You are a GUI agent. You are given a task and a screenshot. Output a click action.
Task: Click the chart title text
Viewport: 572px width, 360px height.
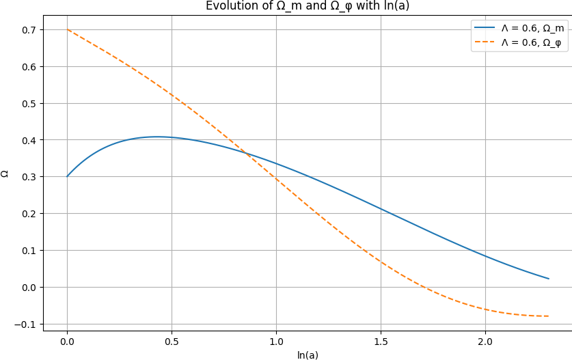click(308, 6)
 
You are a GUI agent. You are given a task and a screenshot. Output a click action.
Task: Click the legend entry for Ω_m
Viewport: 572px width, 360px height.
click(519, 28)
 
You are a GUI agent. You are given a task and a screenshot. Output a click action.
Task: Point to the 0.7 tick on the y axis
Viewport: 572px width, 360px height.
click(29, 30)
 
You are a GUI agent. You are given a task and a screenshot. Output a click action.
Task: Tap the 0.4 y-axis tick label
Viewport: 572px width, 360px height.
click(29, 140)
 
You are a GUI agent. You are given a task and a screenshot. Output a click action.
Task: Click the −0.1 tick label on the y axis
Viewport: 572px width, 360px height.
click(26, 324)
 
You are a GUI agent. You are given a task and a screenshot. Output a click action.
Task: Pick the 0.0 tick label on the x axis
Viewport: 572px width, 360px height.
click(67, 342)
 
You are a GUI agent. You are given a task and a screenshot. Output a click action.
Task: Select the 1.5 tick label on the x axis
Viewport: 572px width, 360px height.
click(381, 342)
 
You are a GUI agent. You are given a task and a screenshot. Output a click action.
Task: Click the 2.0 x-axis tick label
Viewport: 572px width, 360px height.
click(485, 342)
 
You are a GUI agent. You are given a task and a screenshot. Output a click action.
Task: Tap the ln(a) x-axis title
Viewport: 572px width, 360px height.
click(308, 355)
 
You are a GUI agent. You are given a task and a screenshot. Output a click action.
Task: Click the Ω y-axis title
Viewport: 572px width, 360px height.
click(5, 174)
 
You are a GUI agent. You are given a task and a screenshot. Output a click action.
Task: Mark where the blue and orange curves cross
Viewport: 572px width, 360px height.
click(245, 153)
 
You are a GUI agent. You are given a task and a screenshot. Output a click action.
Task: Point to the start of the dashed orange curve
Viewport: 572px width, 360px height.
click(67, 29)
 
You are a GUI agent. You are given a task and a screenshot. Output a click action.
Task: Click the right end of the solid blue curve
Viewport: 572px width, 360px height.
click(549, 279)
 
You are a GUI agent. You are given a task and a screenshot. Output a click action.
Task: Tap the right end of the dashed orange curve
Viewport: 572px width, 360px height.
click(549, 316)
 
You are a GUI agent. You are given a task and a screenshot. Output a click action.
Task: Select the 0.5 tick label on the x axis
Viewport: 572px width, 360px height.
click(172, 342)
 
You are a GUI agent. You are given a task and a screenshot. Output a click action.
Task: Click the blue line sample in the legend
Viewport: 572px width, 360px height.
click(485, 28)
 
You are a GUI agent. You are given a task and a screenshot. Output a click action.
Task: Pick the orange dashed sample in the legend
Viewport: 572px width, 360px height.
click(485, 42)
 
